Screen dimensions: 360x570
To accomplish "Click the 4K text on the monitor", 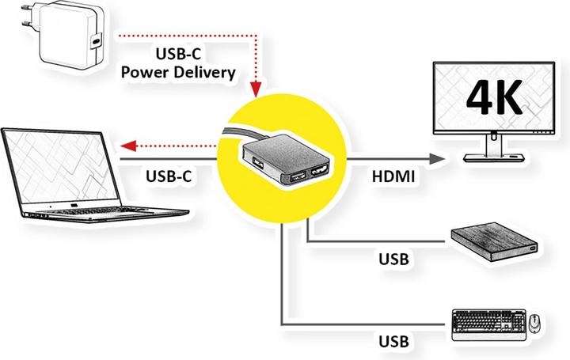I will click(x=492, y=98).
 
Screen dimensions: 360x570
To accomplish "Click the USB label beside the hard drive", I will click(x=393, y=258).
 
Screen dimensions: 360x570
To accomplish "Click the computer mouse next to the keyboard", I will click(x=534, y=324).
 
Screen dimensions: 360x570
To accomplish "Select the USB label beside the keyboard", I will click(x=393, y=342).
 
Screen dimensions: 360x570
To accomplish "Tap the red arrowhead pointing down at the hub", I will click(x=256, y=89).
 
